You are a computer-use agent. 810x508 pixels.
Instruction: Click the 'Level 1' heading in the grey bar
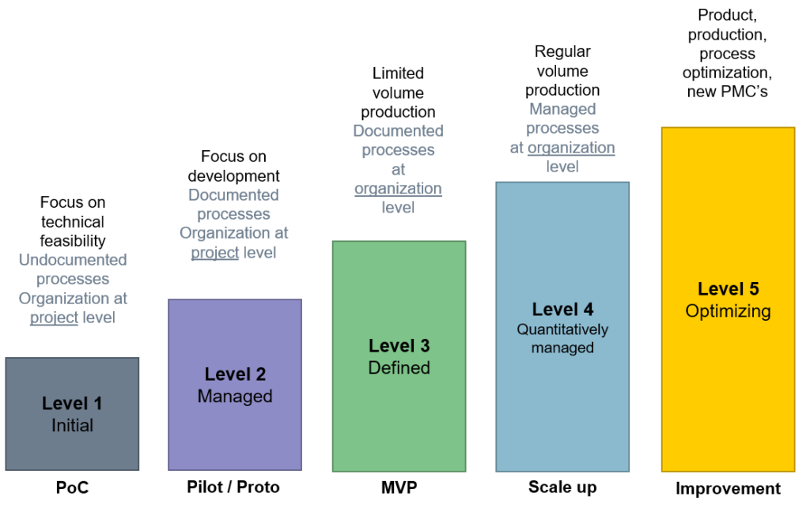pyautogui.click(x=72, y=403)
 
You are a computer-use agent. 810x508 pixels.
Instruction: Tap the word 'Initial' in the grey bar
pyautogui.click(x=72, y=426)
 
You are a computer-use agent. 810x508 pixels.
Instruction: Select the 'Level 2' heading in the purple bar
pyautogui.click(x=235, y=374)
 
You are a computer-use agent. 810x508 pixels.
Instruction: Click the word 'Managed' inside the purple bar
pyautogui.click(x=235, y=396)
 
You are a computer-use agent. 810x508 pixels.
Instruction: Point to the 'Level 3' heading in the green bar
pyautogui.click(x=399, y=345)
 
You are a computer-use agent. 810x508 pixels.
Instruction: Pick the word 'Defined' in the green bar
pyautogui.click(x=399, y=367)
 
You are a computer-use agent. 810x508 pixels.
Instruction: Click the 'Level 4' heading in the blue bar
pyautogui.click(x=562, y=310)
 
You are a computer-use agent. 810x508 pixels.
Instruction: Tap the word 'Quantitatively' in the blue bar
pyautogui.click(x=562, y=329)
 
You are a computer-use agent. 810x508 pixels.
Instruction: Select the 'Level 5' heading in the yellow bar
pyautogui.click(x=729, y=289)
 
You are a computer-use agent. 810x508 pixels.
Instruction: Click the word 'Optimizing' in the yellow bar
pyautogui.click(x=729, y=311)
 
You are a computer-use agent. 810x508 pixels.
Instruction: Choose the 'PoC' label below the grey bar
pyautogui.click(x=72, y=487)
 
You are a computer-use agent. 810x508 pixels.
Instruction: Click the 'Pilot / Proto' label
pyautogui.click(x=233, y=487)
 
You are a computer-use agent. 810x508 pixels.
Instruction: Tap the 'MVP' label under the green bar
pyautogui.click(x=399, y=487)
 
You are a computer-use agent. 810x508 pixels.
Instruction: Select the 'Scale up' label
pyautogui.click(x=562, y=487)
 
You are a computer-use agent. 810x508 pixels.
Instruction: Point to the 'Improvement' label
pyautogui.click(x=729, y=488)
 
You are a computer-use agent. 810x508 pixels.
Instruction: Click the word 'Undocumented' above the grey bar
pyautogui.click(x=73, y=259)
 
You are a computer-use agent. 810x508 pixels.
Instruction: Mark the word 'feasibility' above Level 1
pyautogui.click(x=73, y=241)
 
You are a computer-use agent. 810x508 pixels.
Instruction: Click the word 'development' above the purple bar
pyautogui.click(x=233, y=176)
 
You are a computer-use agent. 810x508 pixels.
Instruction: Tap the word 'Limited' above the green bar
pyautogui.click(x=399, y=73)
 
